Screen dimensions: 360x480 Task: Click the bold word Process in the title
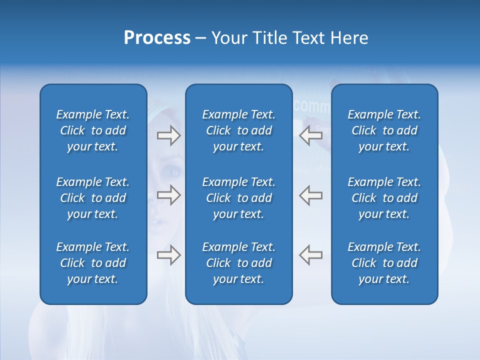[157, 38]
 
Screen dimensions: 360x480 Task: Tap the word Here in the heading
[349, 38]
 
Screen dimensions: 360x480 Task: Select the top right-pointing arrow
[168, 135]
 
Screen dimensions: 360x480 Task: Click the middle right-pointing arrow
[168, 195]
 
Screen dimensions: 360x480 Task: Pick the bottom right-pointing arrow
[168, 255]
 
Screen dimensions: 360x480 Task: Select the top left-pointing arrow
[311, 135]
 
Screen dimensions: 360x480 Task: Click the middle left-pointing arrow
[311, 195]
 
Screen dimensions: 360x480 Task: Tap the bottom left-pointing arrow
[311, 255]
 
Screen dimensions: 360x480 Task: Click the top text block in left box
[93, 130]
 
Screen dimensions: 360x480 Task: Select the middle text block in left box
[93, 198]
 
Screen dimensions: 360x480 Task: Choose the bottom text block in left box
[93, 263]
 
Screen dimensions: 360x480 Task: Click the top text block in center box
[238, 130]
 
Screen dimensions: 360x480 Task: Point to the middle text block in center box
[238, 198]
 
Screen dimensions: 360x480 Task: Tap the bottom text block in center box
[238, 263]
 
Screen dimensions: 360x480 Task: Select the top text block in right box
[384, 130]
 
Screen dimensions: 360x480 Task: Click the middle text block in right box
[384, 198]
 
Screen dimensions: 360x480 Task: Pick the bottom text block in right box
[384, 263]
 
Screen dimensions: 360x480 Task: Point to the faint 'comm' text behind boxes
[312, 106]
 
